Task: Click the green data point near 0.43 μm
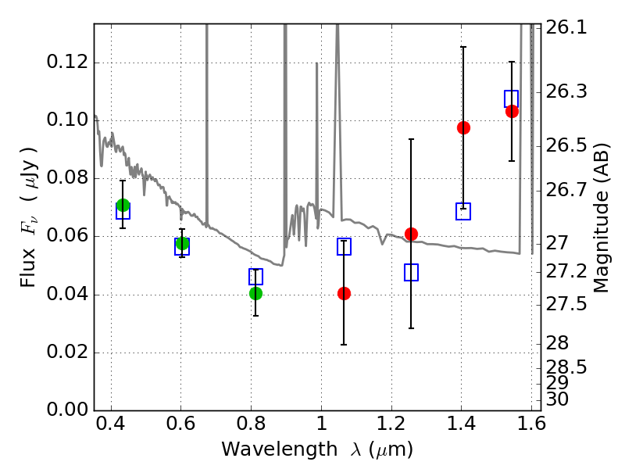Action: (x=123, y=206)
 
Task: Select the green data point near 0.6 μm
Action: (x=182, y=243)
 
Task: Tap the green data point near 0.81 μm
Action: (x=255, y=293)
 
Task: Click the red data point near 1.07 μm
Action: (x=344, y=293)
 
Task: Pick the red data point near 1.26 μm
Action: (x=412, y=234)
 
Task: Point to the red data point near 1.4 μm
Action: (x=463, y=127)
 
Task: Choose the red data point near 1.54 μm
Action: (x=512, y=111)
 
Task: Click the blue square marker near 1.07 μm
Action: (x=344, y=247)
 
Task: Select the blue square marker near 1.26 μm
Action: (x=412, y=272)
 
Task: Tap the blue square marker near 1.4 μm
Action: (x=463, y=211)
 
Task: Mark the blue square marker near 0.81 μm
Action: (x=255, y=277)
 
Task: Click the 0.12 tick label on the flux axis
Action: (x=68, y=63)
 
